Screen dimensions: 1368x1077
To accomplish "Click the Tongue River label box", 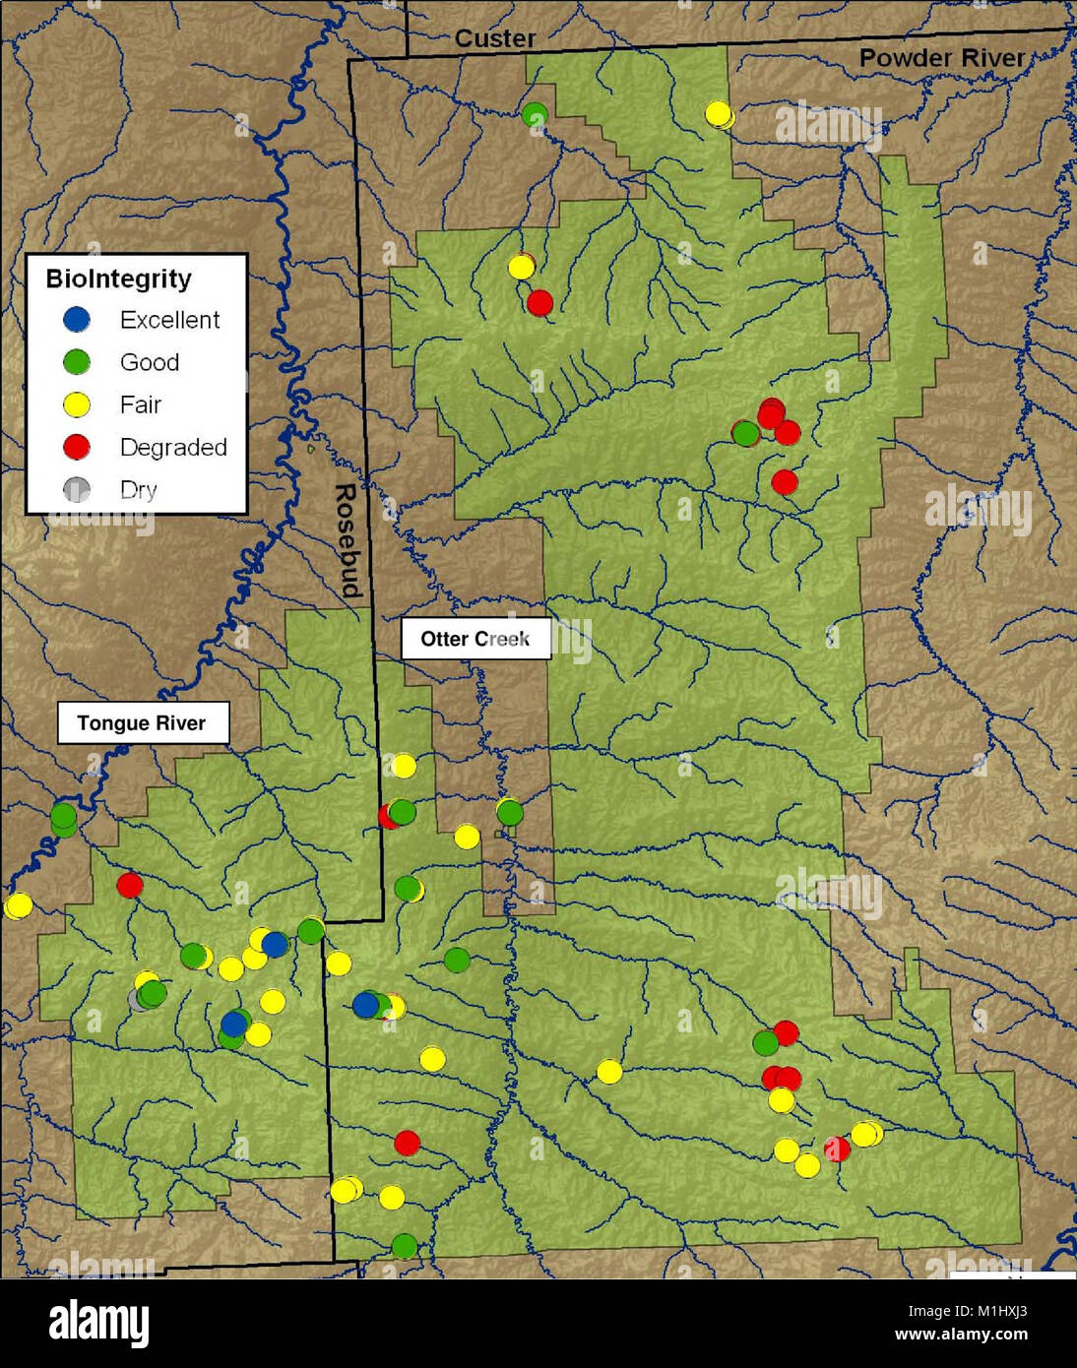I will click(x=143, y=723).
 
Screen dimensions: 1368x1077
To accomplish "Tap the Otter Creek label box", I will click(x=475, y=639).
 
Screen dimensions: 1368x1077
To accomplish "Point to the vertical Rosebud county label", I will click(x=347, y=540).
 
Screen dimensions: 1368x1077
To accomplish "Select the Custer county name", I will click(x=495, y=38).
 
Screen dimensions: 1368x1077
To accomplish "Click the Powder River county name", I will click(x=941, y=58).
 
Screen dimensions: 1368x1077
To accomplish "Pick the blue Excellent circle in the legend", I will click(x=77, y=319).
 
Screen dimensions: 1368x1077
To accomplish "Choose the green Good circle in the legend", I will click(x=77, y=362).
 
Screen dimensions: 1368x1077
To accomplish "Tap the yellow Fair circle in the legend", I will click(x=77, y=404).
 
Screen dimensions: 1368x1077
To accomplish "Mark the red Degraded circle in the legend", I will click(x=77, y=447).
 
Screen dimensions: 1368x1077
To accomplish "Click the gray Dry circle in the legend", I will click(x=77, y=489).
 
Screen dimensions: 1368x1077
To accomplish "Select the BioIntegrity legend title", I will click(x=118, y=279).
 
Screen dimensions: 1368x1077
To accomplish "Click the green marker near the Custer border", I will click(x=535, y=115).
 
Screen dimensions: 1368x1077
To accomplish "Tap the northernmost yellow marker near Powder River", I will click(x=719, y=114).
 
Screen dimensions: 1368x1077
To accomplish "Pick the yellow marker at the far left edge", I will click(x=18, y=905).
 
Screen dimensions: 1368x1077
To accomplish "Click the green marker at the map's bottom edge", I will click(x=404, y=1246).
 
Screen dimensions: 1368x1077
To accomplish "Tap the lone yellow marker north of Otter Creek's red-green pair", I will click(x=404, y=765).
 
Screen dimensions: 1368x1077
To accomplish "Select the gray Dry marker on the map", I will click(x=140, y=999).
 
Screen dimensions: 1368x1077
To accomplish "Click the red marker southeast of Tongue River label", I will click(x=129, y=885).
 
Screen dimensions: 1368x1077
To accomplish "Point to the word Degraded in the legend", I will click(x=173, y=447).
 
